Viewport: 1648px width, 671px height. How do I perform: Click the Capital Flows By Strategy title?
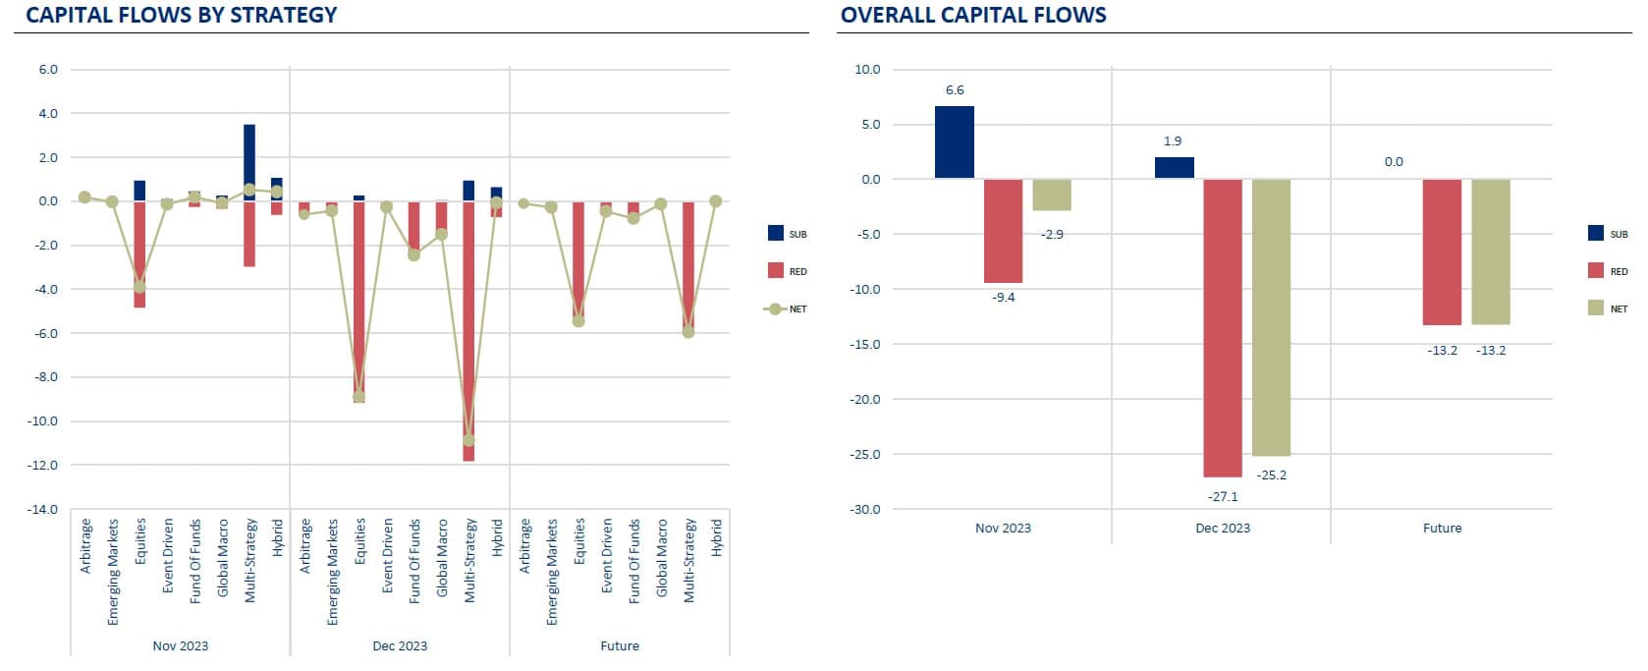click(182, 15)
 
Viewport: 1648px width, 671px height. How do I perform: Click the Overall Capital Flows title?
click(973, 15)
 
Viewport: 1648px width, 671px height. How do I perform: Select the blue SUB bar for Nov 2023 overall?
click(954, 141)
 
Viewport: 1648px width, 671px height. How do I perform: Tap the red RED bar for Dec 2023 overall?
click(1222, 327)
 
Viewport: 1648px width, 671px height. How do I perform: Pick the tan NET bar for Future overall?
click(1490, 252)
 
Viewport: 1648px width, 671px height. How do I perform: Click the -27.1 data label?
click(1222, 496)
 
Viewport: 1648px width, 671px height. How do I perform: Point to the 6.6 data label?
click(954, 89)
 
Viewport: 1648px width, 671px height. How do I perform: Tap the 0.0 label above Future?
click(1393, 161)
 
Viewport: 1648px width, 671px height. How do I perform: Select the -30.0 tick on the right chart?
click(866, 509)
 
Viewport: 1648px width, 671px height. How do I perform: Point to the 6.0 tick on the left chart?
click(48, 70)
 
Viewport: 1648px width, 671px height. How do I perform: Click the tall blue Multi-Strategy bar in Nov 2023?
click(249, 162)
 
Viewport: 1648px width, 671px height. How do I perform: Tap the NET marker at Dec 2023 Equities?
click(358, 397)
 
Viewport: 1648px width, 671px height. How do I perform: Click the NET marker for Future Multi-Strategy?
click(688, 332)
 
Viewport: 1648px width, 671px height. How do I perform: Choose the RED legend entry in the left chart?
click(787, 271)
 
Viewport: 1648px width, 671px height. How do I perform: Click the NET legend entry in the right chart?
click(1607, 308)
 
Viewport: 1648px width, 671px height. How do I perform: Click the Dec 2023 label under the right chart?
click(1222, 528)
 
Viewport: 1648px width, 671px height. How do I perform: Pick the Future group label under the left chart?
click(619, 645)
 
